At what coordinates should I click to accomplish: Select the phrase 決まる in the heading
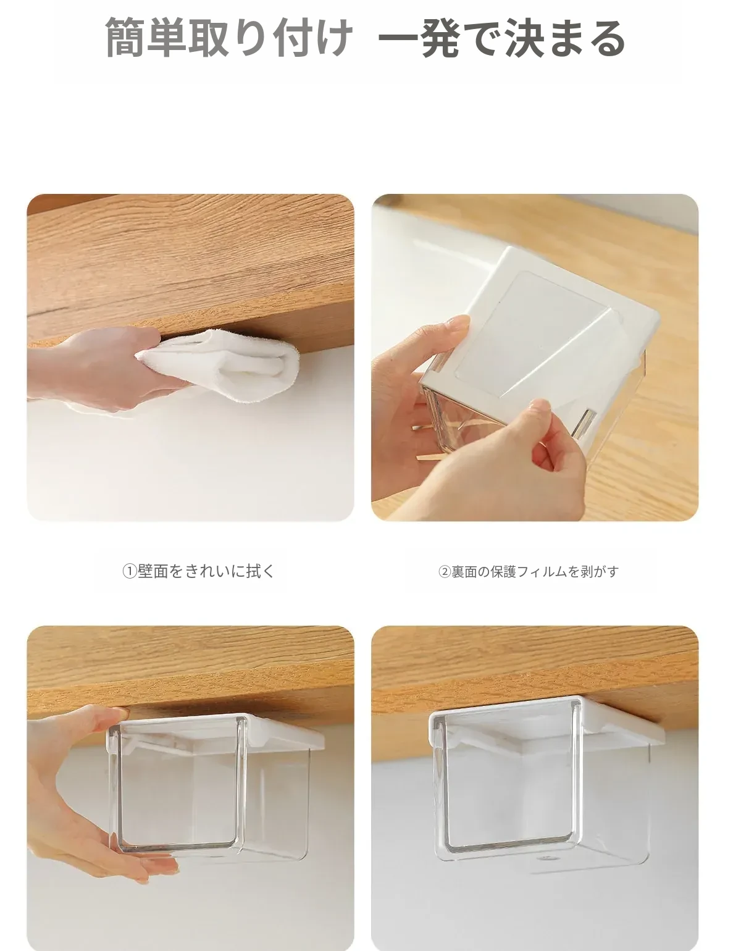[x=564, y=38]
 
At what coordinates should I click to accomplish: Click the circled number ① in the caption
[x=130, y=572]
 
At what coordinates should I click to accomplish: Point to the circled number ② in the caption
[x=445, y=572]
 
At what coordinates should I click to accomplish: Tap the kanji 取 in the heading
[x=209, y=38]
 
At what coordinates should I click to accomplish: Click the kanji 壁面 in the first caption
[x=153, y=572]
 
